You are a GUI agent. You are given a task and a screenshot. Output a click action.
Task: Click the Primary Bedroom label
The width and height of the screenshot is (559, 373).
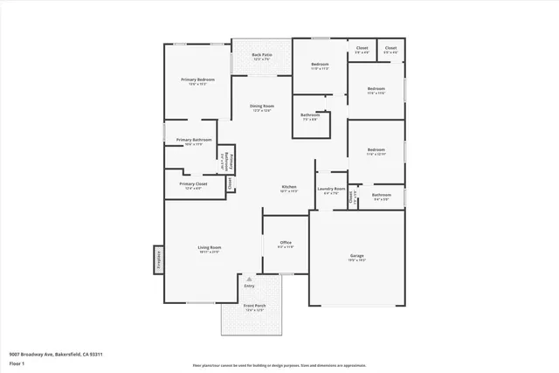click(198, 79)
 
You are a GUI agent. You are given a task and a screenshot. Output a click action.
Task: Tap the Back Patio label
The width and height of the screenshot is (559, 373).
click(262, 55)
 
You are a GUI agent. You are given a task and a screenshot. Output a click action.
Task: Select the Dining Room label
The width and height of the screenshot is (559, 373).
click(263, 106)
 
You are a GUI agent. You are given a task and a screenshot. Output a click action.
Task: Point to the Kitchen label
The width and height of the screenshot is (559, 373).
click(290, 186)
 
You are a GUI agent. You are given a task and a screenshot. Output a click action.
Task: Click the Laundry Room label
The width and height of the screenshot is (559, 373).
click(331, 189)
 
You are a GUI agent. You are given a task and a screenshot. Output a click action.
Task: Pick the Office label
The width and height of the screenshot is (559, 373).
click(286, 242)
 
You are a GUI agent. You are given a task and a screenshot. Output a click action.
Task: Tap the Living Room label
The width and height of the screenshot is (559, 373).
click(209, 247)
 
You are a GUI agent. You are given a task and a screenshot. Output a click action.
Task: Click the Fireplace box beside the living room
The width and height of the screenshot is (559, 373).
click(159, 259)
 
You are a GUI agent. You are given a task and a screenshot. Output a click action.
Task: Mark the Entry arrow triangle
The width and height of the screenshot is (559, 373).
click(249, 279)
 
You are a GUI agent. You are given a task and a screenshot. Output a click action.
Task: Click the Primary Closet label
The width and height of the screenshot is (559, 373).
click(193, 183)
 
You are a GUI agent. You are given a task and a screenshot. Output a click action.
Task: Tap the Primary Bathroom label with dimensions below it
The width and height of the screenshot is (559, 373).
click(194, 140)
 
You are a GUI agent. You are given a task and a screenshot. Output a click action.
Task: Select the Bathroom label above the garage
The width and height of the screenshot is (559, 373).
click(382, 195)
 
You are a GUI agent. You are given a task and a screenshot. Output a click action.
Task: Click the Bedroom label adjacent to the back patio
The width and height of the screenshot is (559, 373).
click(321, 64)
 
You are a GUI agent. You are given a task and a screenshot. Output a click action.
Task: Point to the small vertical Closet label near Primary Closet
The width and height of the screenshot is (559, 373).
click(230, 183)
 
